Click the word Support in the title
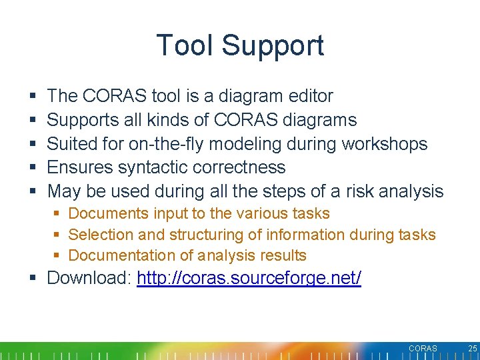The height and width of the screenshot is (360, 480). click(273, 47)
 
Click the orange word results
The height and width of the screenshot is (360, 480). click(282, 255)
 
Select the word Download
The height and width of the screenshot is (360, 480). click(89, 278)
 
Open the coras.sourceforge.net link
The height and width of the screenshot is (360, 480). click(249, 278)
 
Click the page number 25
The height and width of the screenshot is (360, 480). click(473, 349)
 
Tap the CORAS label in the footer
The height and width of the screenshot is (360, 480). click(423, 349)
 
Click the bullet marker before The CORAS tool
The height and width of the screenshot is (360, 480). click(33, 97)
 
